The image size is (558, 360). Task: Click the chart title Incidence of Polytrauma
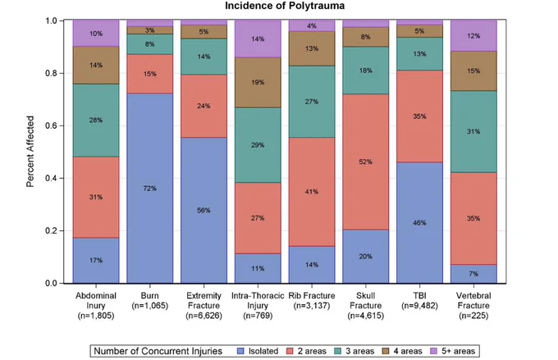285,6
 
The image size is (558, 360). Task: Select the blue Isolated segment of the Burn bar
150,189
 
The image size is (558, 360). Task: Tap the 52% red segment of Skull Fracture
365,162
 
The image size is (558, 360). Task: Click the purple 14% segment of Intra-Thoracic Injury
258,39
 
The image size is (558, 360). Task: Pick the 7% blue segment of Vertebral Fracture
473,274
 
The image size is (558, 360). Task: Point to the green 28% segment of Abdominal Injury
96,121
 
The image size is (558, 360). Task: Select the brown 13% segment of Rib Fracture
312,48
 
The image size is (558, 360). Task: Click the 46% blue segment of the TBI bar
419,223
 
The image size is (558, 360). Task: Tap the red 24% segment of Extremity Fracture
204,106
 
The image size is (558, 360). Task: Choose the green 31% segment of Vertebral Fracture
473,132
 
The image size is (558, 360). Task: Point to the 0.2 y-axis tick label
52,230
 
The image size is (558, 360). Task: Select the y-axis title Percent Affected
30,152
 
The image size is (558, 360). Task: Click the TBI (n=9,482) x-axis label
419,301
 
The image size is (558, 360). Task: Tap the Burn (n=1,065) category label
150,301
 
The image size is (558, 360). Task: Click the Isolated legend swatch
241,351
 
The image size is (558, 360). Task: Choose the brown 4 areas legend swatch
386,351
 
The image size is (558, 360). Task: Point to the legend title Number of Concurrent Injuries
158,351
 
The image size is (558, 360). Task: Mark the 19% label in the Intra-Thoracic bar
258,83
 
